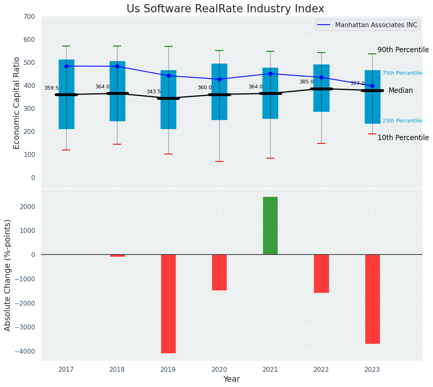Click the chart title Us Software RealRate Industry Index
point(225,9)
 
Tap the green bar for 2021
point(270,226)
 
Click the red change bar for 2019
point(168,304)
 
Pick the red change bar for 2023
point(372,299)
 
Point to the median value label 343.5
point(154,92)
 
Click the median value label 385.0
point(306,82)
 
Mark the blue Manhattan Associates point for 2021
point(270,74)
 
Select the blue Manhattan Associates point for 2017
point(66,66)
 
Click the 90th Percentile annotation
point(403,50)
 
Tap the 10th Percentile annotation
point(403,138)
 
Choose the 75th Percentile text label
point(402,73)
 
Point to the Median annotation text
point(401,90)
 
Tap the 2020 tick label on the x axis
point(219,370)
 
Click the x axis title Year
point(232,379)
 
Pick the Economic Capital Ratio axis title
point(17,103)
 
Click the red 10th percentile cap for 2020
point(219,161)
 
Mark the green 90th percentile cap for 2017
point(66,46)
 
